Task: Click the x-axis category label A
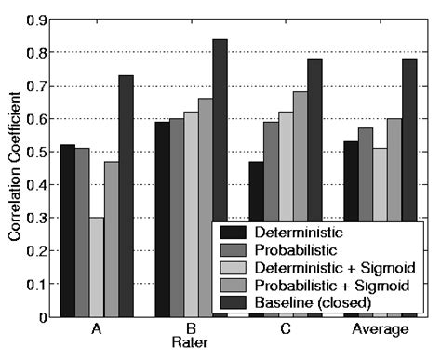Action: point(97,330)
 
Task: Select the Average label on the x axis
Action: point(377,330)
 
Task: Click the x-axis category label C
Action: point(284,330)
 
